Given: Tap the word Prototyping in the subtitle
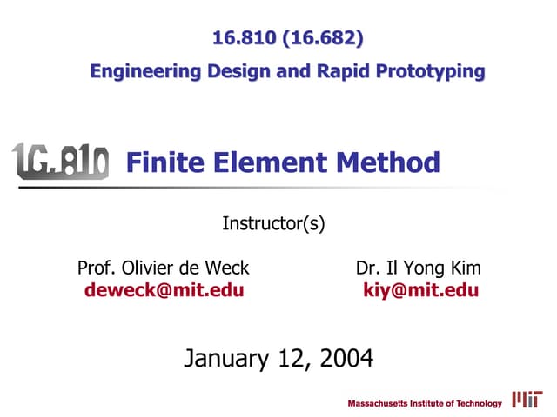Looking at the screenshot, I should [x=429, y=71].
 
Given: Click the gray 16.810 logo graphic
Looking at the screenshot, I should [x=60, y=162].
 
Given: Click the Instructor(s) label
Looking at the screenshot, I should [x=274, y=223].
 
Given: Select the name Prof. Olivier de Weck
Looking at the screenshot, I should [x=164, y=268].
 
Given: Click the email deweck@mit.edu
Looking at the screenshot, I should [x=164, y=290].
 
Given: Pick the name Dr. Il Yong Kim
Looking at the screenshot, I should [x=419, y=268].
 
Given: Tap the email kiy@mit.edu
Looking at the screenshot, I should [x=420, y=290].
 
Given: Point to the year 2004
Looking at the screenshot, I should [x=345, y=357].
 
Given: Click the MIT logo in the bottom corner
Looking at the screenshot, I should [x=527, y=400].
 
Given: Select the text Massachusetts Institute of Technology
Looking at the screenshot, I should [x=425, y=403].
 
